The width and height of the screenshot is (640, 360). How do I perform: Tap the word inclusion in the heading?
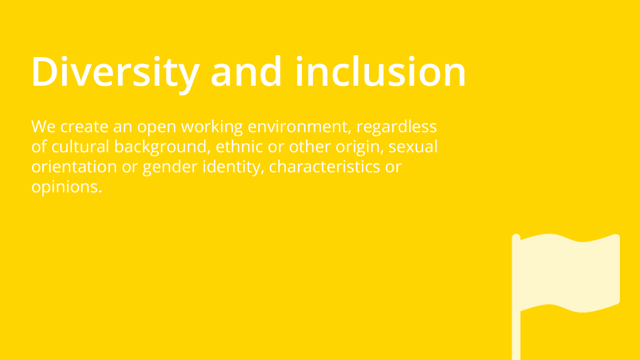coord(381,71)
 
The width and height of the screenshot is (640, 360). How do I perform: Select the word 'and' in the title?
coord(246,71)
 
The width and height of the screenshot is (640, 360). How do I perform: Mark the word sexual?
coord(413,146)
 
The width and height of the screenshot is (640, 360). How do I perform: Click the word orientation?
coord(74,167)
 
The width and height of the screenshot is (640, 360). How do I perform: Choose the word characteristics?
coord(324,166)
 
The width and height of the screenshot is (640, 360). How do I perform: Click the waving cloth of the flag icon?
coord(570,273)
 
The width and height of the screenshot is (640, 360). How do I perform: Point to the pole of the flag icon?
coord(516,297)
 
